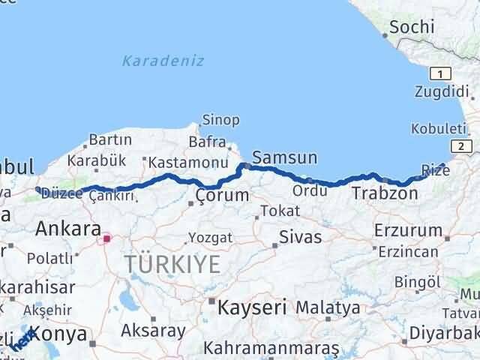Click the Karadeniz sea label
coord(163,61)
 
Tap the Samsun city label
coord(284,158)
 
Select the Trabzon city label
coord(385,193)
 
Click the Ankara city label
coord(68,228)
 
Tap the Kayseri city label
coord(252,307)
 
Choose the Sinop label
coord(220,120)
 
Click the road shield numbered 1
coord(440,73)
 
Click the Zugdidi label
coord(442,92)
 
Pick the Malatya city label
coord(328,307)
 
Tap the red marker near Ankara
coord(107,238)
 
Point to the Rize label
coord(436,171)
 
